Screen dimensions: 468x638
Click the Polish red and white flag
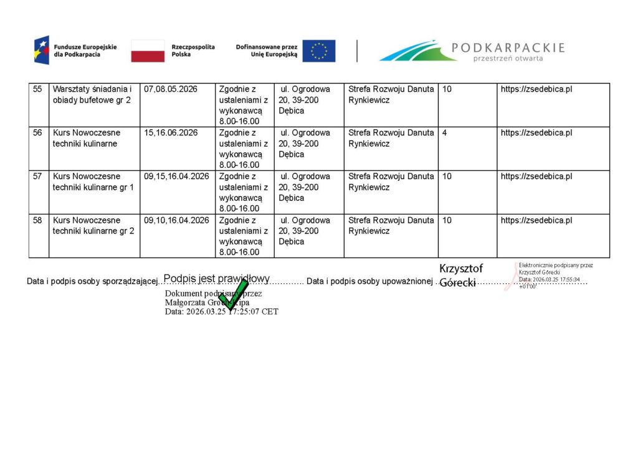(x=148, y=51)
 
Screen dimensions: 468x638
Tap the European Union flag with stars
(x=319, y=51)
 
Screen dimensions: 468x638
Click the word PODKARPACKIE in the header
(x=508, y=47)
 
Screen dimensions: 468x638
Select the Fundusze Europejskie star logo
(x=41, y=50)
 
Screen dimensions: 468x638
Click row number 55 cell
(x=38, y=89)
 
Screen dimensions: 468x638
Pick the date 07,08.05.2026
(x=171, y=89)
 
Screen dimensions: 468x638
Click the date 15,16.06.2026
(x=171, y=133)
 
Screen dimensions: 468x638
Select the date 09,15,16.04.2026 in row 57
(x=176, y=177)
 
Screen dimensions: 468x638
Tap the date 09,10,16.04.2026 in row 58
(x=176, y=220)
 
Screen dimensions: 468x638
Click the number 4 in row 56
(x=445, y=133)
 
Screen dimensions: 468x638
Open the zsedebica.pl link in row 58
(x=536, y=220)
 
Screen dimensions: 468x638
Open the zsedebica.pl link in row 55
(x=536, y=89)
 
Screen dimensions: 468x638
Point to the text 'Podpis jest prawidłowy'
(x=216, y=278)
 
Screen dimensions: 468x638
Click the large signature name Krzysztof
(x=461, y=268)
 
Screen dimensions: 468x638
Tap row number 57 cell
(x=38, y=177)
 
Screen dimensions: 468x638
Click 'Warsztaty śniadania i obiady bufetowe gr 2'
(x=92, y=95)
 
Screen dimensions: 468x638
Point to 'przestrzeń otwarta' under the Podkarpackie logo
(x=508, y=59)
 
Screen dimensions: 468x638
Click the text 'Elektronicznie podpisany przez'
(x=556, y=265)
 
